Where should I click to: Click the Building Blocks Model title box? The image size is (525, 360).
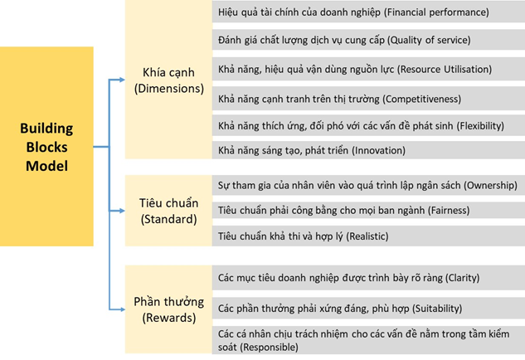(46, 146)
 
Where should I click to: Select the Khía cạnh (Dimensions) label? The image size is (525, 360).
(168, 80)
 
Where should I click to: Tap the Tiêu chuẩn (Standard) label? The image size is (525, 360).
(168, 211)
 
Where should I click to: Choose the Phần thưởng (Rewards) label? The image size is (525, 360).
(168, 309)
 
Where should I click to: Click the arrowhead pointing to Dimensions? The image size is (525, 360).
(122, 80)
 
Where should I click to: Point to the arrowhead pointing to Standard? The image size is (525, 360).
(122, 211)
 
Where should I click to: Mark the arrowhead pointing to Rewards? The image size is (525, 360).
(122, 309)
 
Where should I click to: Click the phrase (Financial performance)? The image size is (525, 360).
(436, 12)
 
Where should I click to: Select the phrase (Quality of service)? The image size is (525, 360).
(429, 40)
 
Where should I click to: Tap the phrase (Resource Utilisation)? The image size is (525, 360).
(445, 70)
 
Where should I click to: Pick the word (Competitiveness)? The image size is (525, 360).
(421, 100)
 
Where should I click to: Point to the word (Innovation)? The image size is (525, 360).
(378, 150)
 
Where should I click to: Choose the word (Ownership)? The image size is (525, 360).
(490, 185)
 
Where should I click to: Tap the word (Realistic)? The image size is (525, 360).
(367, 236)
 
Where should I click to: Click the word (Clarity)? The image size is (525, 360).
(463, 278)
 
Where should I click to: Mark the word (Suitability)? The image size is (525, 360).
(437, 308)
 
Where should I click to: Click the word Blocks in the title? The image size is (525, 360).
(47, 147)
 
